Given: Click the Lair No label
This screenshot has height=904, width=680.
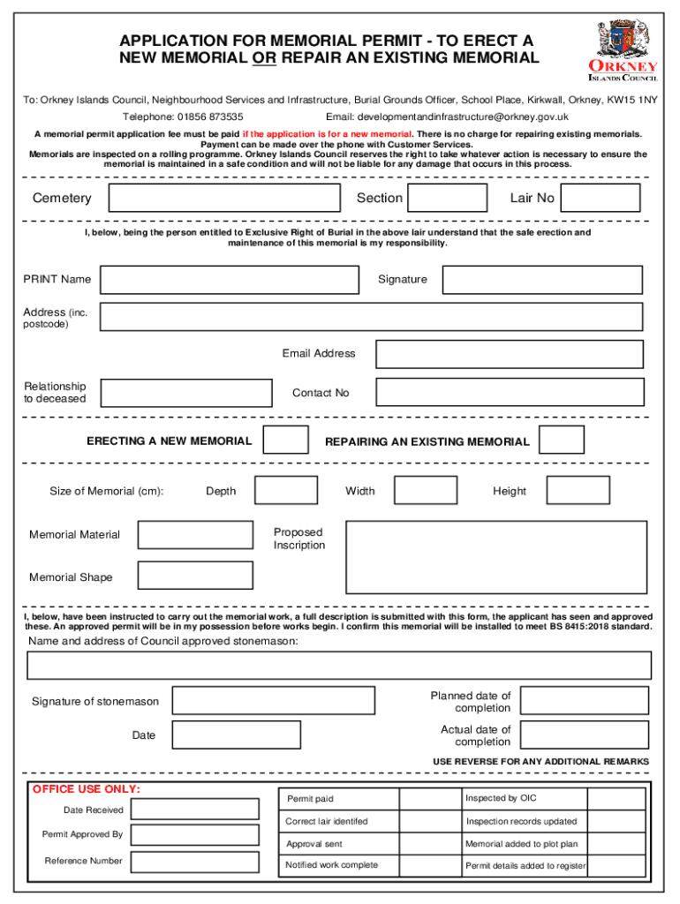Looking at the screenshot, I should click(532, 199).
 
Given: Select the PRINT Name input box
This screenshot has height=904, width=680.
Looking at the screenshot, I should click(230, 280).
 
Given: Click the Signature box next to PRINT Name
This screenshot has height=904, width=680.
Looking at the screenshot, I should click(542, 280).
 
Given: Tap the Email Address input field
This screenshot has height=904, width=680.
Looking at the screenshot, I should click(510, 354).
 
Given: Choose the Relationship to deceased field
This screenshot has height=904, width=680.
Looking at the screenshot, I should click(186, 393).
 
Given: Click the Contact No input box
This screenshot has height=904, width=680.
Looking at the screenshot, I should click(510, 392).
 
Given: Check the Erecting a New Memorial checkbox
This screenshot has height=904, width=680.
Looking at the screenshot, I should click(287, 440).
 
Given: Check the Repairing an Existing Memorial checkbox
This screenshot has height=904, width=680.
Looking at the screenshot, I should click(562, 440).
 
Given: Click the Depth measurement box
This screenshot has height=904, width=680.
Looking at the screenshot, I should click(286, 491).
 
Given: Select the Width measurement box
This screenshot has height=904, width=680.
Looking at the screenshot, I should click(425, 491).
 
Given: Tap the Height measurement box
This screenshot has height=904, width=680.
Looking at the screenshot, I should click(578, 491).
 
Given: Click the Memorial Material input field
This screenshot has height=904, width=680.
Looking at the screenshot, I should click(195, 535).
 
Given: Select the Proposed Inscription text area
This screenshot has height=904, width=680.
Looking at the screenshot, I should click(495, 556).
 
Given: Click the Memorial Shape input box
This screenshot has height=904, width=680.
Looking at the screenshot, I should click(195, 576).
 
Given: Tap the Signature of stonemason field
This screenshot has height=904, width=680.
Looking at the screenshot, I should click(274, 701).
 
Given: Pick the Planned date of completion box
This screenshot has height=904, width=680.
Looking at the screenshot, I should click(584, 701).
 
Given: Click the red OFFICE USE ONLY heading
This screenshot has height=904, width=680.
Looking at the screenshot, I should click(87, 789).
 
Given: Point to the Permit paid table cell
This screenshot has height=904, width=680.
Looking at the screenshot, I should click(338, 799).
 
